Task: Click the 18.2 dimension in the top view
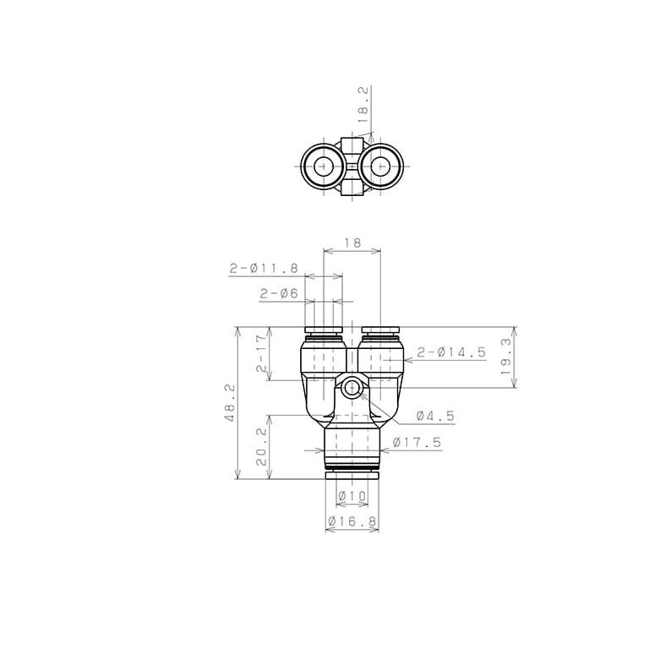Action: [x=363, y=104]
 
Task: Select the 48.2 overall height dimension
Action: [x=230, y=403]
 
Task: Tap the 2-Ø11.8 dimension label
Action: [x=264, y=269]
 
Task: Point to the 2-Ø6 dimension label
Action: [x=279, y=294]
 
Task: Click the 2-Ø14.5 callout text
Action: [x=451, y=352]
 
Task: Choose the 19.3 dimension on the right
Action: [x=506, y=357]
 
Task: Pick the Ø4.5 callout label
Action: [x=435, y=416]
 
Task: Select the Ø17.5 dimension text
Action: [x=417, y=443]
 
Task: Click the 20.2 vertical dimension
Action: [x=262, y=447]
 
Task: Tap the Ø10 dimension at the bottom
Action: [x=352, y=495]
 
